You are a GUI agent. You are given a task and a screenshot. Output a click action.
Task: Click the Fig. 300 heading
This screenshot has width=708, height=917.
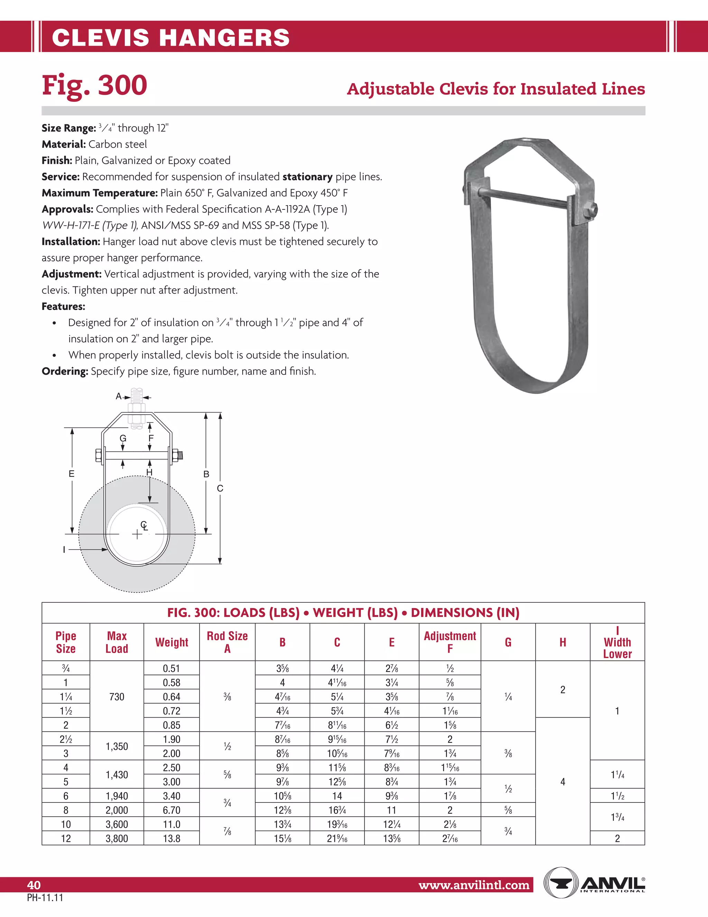(94, 85)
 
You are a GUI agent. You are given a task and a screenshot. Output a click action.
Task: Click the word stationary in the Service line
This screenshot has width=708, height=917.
(307, 177)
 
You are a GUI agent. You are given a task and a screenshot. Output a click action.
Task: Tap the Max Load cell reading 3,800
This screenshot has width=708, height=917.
(117, 838)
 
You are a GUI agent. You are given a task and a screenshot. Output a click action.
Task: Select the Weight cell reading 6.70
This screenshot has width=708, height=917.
(171, 810)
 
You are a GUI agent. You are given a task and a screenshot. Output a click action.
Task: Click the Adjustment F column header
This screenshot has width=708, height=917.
(450, 642)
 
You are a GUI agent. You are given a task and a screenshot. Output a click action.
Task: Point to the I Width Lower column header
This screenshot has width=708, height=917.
(617, 642)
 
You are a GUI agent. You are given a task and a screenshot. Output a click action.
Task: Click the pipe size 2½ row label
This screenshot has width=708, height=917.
(66, 739)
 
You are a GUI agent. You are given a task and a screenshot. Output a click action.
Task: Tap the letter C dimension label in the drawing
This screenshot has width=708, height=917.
(220, 488)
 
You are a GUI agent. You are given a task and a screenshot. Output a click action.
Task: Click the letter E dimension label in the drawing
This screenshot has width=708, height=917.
(72, 474)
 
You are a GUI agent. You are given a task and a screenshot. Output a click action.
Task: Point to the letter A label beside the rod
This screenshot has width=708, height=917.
(119, 396)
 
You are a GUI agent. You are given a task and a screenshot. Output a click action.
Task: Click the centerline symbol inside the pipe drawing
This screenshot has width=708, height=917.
(144, 525)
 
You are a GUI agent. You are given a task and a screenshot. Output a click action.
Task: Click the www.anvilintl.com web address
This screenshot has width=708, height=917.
(474, 885)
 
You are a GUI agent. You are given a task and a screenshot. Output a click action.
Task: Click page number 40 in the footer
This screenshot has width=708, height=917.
(34, 885)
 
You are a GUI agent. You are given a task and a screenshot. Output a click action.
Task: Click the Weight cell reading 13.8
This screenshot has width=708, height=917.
(171, 838)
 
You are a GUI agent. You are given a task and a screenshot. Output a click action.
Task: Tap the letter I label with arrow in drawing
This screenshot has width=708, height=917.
(64, 549)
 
